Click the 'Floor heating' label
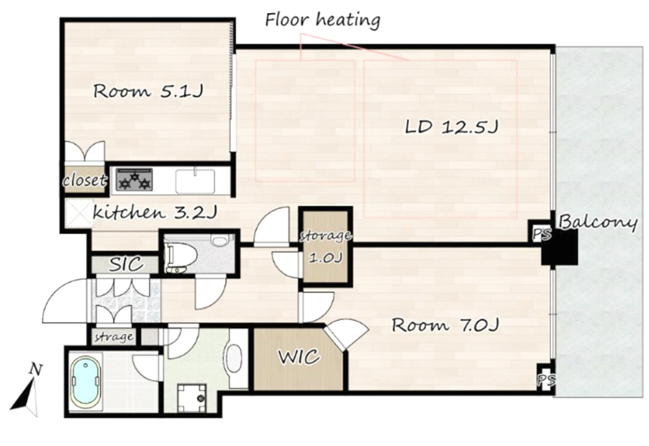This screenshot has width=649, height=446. (323, 19)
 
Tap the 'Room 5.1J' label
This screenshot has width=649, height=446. (148, 91)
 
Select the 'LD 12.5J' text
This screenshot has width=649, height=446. (451, 127)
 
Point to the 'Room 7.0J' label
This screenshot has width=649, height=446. (445, 325)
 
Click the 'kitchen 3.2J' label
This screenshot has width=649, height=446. (154, 213)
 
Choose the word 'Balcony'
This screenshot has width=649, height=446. (597, 223)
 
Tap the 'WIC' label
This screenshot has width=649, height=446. (299, 357)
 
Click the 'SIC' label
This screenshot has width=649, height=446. (126, 264)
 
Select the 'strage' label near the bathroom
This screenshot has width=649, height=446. (114, 337)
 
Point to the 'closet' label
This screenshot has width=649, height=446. (84, 180)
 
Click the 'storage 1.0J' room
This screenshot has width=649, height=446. (325, 247)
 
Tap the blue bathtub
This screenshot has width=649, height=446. (86, 382)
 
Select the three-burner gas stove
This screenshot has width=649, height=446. (134, 180)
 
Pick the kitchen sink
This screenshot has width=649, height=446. (195, 181)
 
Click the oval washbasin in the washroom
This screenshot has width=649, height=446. (234, 358)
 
